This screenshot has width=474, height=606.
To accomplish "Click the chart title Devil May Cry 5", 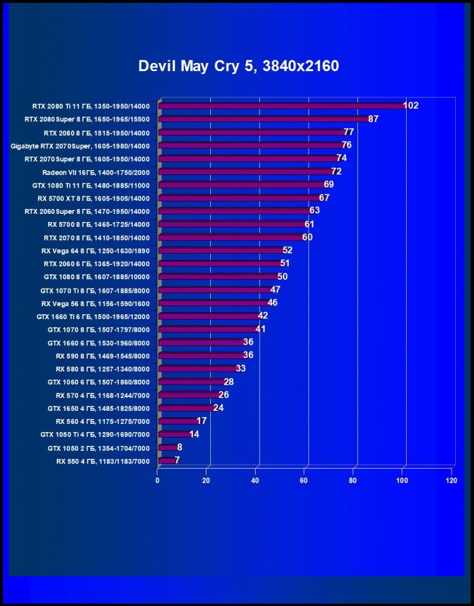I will [x=238, y=66].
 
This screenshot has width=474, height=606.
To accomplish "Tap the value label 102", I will [x=410, y=105].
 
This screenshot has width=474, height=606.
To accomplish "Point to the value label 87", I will [x=374, y=118].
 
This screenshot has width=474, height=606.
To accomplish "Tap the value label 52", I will [x=288, y=250].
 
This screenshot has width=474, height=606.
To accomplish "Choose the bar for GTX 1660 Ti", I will [x=209, y=316].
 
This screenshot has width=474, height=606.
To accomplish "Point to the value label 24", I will [x=218, y=408].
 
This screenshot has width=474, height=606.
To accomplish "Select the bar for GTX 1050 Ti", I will [x=175, y=434].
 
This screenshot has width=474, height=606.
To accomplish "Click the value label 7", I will [x=177, y=460].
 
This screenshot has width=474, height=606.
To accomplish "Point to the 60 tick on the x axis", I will [x=304, y=481].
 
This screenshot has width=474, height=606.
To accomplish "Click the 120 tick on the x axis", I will [x=451, y=481].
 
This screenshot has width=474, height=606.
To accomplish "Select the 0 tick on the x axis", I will [x=158, y=481].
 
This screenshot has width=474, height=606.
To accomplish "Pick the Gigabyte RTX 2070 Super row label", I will [x=80, y=145].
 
